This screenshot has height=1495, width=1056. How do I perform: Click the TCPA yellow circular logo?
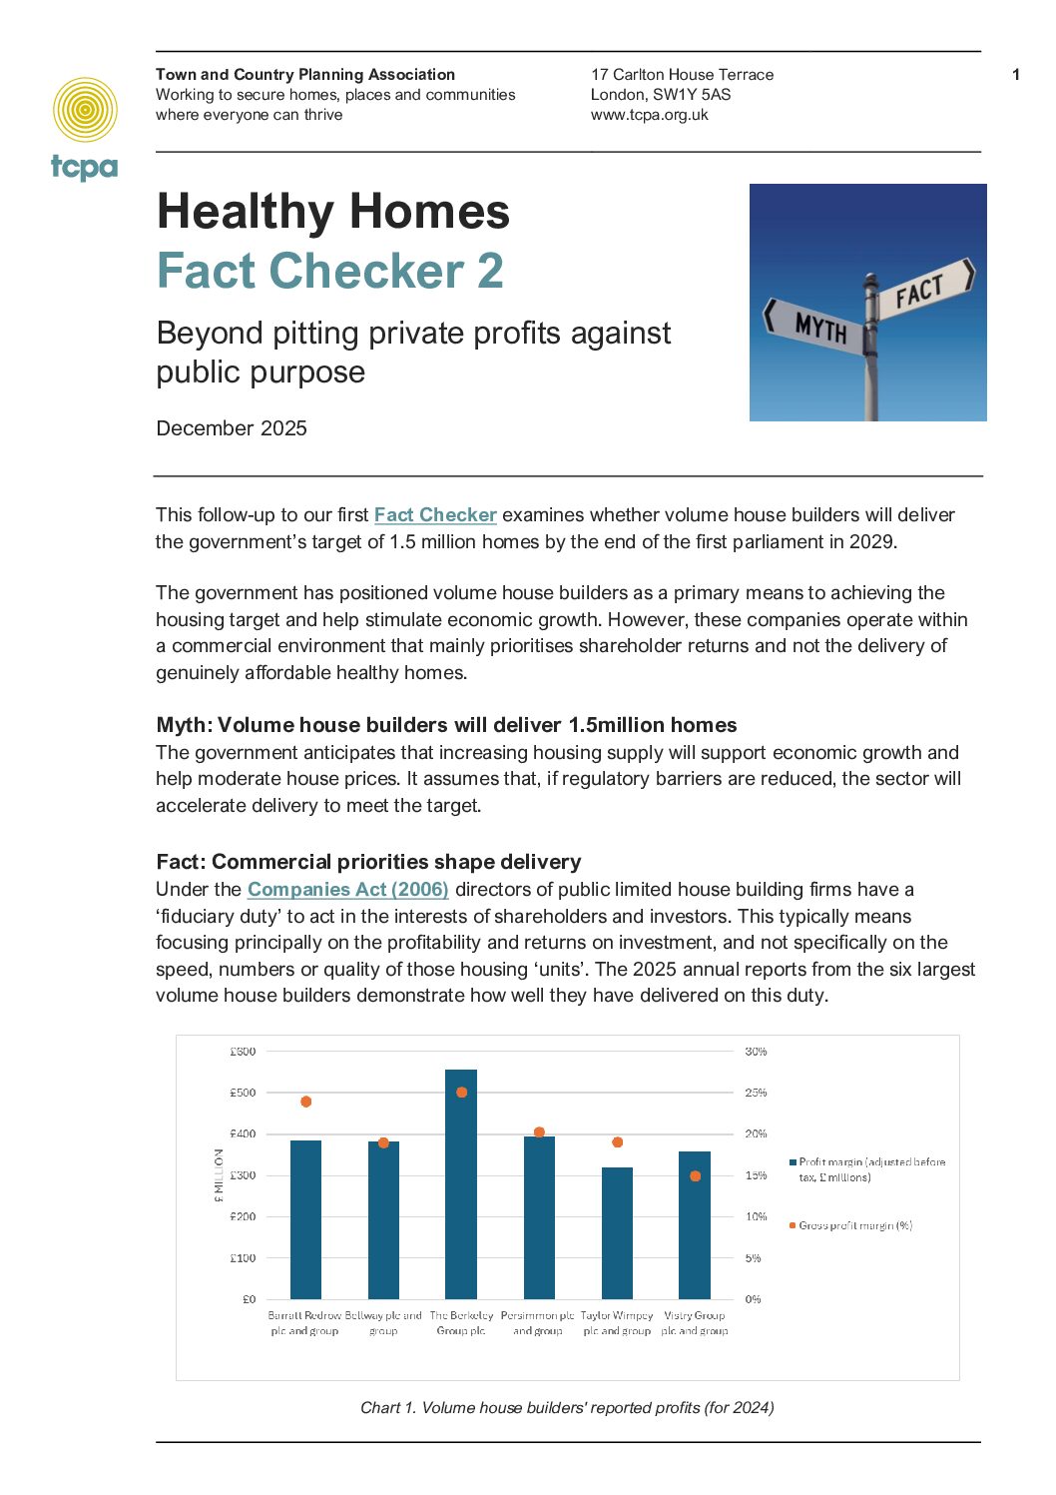[x=85, y=110]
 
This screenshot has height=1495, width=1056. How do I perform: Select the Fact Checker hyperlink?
[x=435, y=515]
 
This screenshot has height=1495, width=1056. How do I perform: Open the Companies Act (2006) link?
[x=347, y=890]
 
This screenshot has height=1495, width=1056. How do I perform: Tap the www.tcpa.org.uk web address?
[x=649, y=115]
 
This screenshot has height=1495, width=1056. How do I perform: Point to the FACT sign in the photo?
[x=919, y=291]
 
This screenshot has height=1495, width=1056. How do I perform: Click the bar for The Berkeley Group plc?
[x=461, y=1183]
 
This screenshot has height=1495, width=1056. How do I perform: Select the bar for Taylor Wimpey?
[x=617, y=1233]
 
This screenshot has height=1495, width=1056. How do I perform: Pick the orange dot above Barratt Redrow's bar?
[x=306, y=1102]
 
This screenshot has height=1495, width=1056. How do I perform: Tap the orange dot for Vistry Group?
[x=695, y=1176]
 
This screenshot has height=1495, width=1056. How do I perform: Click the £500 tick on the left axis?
[x=243, y=1093]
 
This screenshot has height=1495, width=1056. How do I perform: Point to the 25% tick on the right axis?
[x=756, y=1093]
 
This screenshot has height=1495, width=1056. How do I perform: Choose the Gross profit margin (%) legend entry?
[x=854, y=1225]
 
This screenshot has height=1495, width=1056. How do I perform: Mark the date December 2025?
[x=232, y=428]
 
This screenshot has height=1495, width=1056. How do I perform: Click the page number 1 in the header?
[x=1016, y=75]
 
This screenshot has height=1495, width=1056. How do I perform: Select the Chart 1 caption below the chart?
[x=567, y=1408]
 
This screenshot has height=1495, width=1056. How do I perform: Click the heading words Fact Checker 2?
[x=329, y=272]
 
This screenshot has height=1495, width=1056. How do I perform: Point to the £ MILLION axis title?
[x=219, y=1175]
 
